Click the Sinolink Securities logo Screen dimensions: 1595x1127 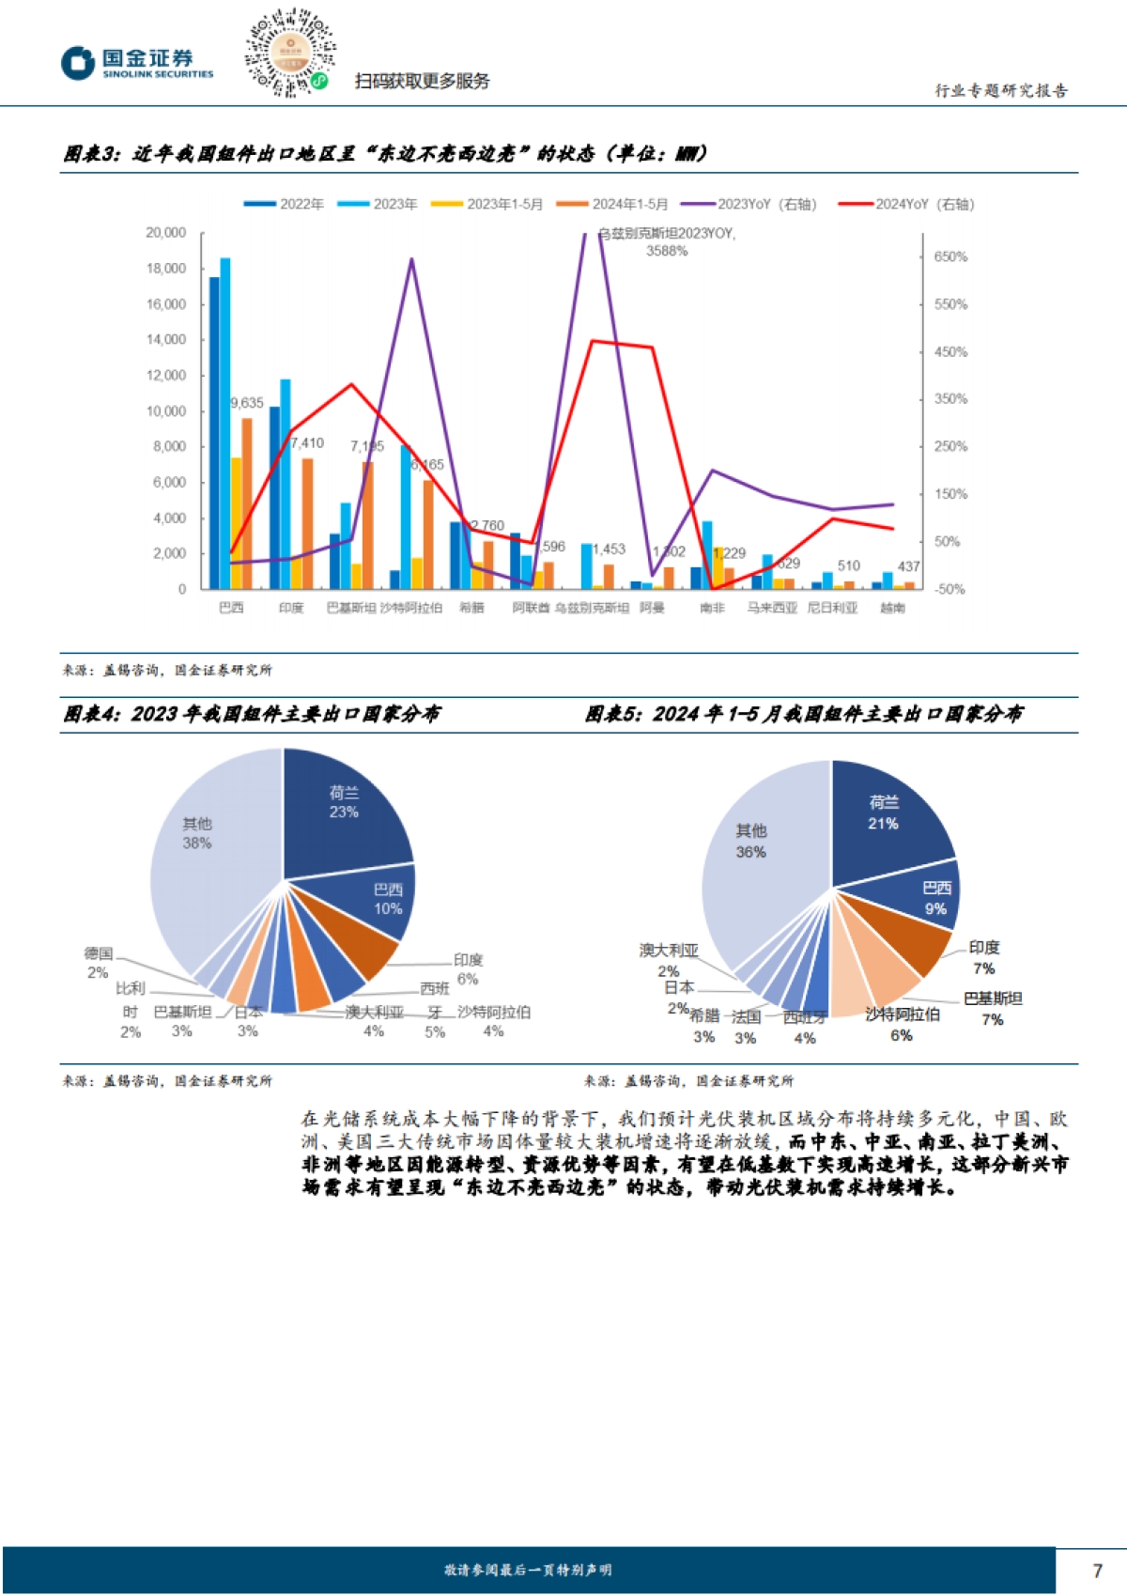[137, 63]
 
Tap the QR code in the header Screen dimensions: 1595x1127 [290, 53]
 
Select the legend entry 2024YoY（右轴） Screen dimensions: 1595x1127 [906, 204]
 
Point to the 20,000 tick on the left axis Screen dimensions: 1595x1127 [165, 233]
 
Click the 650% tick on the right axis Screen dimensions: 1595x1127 [950, 257]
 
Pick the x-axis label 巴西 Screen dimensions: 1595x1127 [231, 609]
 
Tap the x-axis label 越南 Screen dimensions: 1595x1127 [892, 609]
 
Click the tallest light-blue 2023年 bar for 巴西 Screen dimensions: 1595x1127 [225, 423]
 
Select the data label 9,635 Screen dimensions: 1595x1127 [247, 403]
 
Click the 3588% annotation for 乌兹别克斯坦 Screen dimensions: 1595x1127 [667, 251]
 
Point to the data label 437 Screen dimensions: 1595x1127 [908, 566]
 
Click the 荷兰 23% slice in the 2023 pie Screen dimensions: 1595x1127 [343, 808]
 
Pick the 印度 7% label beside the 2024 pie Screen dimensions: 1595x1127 [983, 957]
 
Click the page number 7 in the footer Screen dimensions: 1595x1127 [1097, 1571]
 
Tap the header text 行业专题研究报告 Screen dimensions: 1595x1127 [1001, 91]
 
